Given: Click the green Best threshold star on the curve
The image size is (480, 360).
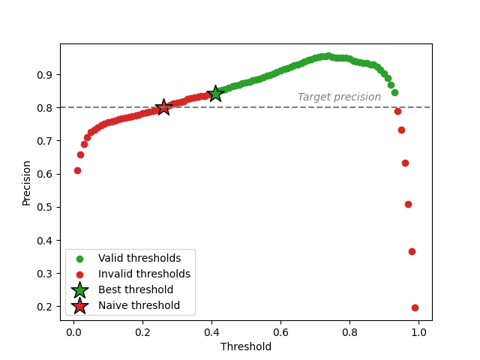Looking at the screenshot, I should tap(215, 94).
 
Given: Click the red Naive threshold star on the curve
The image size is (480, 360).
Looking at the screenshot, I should tap(163, 107).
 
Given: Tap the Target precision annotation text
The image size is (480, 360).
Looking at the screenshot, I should tap(339, 97).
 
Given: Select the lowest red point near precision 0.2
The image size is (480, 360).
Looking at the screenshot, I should tap(415, 307).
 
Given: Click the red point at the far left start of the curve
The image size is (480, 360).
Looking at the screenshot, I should tap(77, 170).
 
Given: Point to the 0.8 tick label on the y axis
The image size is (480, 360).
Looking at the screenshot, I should tap(46, 108).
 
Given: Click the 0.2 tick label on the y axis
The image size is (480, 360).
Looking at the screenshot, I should tap(46, 307).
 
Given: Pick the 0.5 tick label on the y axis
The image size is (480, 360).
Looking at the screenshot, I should tap(46, 207).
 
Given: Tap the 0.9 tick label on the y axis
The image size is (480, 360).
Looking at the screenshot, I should tap(46, 75).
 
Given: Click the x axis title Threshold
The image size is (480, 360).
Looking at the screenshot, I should tap(246, 346).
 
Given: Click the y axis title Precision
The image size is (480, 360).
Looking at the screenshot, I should tap(27, 182).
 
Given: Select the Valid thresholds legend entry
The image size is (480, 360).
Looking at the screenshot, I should tap(139, 259).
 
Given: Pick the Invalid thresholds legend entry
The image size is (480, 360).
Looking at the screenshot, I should tap(144, 274).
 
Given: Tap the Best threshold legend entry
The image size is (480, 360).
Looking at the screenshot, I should tap(136, 289).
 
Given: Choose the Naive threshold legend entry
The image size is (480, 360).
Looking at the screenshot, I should tap(139, 305).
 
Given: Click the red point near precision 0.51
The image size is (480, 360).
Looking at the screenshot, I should tap(408, 204).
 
